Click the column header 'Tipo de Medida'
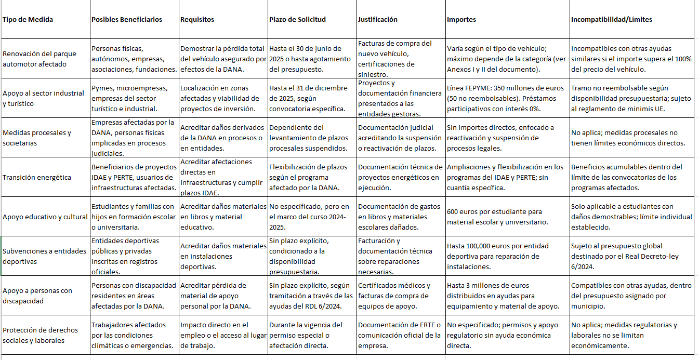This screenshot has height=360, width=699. (28, 20)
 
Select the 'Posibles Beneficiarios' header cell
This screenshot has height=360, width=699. (127, 20)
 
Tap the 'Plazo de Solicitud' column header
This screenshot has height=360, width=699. (297, 20)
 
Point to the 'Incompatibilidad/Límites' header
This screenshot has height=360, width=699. (611, 20)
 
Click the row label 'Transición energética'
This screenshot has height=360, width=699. (37, 178)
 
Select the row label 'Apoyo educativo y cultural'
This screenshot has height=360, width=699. (45, 217)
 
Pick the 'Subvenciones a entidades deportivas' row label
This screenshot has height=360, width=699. (45, 256)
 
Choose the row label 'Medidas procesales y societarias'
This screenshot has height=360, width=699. (37, 138)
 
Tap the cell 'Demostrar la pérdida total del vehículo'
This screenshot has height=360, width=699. (223, 59)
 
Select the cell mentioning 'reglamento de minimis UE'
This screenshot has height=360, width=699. (631, 98)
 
